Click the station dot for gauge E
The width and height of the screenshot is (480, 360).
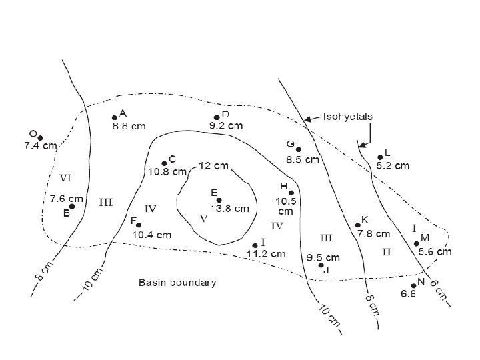(x=219, y=200)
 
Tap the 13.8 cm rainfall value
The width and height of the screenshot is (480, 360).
(x=230, y=208)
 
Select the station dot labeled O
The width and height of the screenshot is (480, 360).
(x=40, y=137)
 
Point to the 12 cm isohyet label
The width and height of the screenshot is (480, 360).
(x=214, y=165)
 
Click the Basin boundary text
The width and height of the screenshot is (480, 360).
(x=177, y=283)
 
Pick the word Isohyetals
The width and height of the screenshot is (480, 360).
(x=347, y=117)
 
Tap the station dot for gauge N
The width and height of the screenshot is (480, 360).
(x=414, y=285)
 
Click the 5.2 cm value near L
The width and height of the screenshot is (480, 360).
(x=393, y=165)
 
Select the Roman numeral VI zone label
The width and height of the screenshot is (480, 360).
(x=66, y=177)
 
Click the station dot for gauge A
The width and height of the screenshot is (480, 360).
(x=115, y=118)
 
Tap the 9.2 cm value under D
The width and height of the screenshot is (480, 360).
(x=226, y=125)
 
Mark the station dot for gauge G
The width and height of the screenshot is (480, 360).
(x=298, y=149)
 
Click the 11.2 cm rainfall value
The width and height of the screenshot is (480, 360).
(x=266, y=253)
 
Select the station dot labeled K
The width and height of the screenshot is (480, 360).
(x=358, y=225)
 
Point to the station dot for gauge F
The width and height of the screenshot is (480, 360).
(x=139, y=225)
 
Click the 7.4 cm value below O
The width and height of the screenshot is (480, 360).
(x=40, y=145)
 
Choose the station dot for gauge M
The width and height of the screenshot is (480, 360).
(x=417, y=243)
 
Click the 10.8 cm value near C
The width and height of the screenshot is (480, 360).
(x=168, y=171)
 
